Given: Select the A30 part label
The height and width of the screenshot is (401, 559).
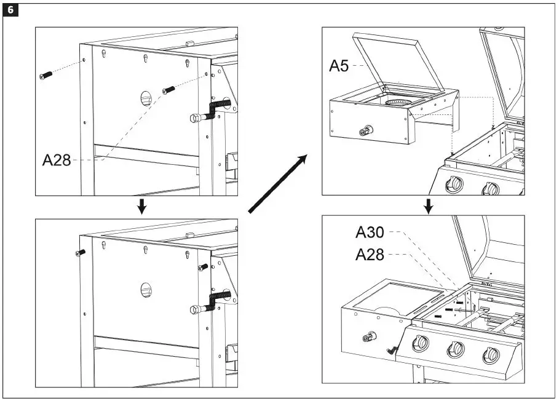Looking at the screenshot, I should [370, 232].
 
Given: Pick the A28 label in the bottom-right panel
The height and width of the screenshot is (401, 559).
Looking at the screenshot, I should [370, 254].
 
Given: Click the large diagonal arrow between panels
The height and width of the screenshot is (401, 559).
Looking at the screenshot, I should [277, 185].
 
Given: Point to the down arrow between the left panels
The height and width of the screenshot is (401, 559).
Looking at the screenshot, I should [141, 206].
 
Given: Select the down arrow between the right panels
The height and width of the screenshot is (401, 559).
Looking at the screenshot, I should [429, 206].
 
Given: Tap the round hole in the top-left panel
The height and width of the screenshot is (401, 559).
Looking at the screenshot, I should [146, 98].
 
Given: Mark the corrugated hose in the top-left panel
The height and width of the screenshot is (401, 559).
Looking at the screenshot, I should [216, 109].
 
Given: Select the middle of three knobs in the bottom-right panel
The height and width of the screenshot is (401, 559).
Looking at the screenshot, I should [456, 349].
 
